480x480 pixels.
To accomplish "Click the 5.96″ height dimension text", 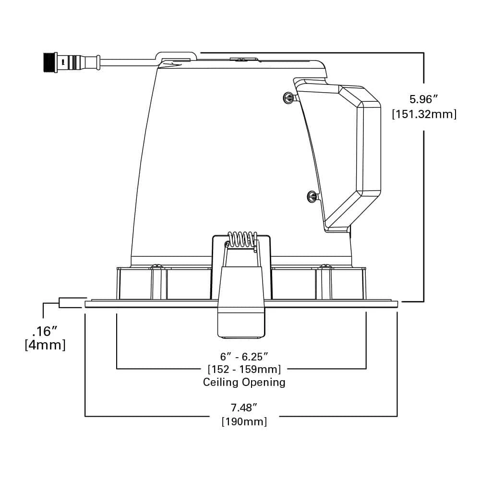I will click(x=423, y=99).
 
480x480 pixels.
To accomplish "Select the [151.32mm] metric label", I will click(x=424, y=114).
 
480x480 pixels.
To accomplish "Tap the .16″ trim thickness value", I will click(x=45, y=331).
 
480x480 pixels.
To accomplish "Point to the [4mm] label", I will click(x=45, y=345).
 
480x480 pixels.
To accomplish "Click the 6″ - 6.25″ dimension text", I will click(x=244, y=357).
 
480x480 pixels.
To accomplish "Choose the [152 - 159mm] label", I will click(x=244, y=369).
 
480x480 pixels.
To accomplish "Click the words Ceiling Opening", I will click(x=244, y=382).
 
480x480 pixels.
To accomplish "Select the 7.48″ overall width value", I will click(x=244, y=408).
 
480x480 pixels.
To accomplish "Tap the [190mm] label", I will click(x=244, y=421).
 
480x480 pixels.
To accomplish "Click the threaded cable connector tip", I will click(x=48, y=62).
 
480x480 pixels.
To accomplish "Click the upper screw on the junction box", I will click(x=288, y=97).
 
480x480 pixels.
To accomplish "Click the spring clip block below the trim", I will click(x=241, y=322).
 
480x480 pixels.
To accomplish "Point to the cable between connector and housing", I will click(x=127, y=62).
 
